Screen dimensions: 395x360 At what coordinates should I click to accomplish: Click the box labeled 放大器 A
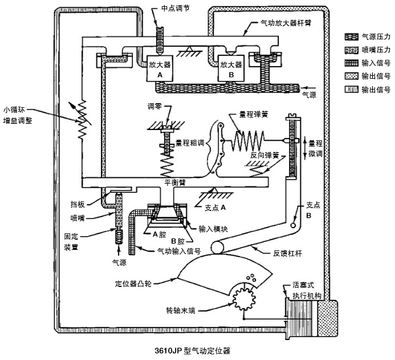[160, 68]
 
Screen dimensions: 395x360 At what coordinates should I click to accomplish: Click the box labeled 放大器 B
[231, 68]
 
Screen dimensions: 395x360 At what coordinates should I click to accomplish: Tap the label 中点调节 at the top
[176, 9]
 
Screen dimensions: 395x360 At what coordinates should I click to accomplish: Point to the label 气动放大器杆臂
[286, 23]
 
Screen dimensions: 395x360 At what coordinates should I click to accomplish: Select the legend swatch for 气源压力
[352, 37]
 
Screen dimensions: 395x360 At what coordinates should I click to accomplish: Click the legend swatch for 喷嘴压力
[352, 50]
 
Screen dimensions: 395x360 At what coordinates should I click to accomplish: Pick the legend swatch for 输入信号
[352, 63]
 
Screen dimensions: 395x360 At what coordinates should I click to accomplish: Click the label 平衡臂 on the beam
[175, 182]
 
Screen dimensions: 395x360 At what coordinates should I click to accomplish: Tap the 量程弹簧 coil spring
[248, 141]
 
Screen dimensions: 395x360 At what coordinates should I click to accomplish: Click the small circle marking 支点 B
[293, 225]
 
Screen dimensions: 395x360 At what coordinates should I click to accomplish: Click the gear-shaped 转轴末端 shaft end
[244, 299]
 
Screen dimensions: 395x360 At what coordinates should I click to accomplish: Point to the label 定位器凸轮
[133, 284]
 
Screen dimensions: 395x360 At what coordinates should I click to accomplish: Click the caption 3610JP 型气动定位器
[193, 351]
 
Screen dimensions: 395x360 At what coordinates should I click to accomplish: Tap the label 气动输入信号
[179, 251]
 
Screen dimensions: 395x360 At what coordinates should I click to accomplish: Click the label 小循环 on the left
[14, 110]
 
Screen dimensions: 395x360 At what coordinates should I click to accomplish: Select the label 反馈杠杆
[287, 253]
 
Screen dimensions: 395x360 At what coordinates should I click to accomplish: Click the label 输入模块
[213, 229]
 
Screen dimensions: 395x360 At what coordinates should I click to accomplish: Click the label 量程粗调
[190, 143]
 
